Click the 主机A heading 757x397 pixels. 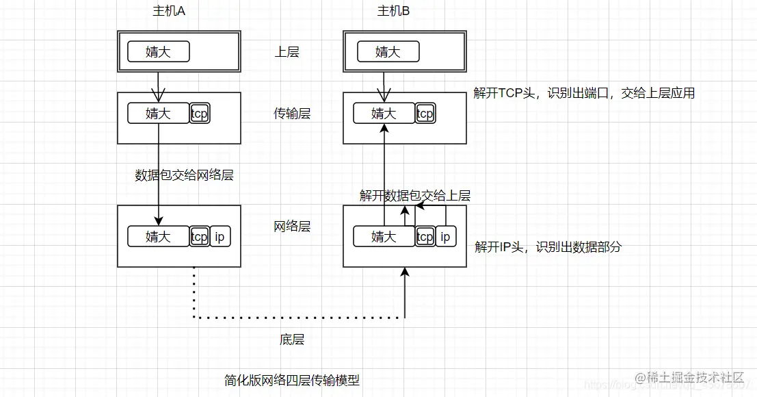pyautogui.click(x=170, y=11)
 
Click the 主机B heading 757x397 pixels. pyautogui.click(x=394, y=11)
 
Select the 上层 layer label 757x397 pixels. pyautogui.click(x=287, y=52)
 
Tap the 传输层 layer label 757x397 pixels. pyautogui.click(x=292, y=114)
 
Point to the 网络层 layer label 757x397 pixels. pyautogui.click(x=292, y=227)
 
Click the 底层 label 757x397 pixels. pyautogui.click(x=292, y=340)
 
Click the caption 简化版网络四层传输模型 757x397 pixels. pyautogui.click(x=292, y=380)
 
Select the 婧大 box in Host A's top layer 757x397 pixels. pyautogui.click(x=158, y=52)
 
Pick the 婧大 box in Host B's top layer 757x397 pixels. pyautogui.click(x=388, y=52)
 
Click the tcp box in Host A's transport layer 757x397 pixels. pyautogui.click(x=199, y=114)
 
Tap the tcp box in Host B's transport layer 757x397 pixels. pyautogui.click(x=425, y=114)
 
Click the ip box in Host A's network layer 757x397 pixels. pyautogui.click(x=220, y=237)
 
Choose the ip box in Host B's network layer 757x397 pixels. pyautogui.click(x=445, y=237)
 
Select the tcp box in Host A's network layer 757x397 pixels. pyautogui.click(x=199, y=237)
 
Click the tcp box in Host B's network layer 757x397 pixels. pyautogui.click(x=425, y=237)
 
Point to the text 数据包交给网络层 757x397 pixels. pyautogui.click(x=185, y=175)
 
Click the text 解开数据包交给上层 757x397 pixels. pyautogui.click(x=415, y=196)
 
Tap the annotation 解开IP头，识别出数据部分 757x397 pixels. pyautogui.click(x=548, y=247)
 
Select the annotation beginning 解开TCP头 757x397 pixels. pyautogui.click(x=584, y=93)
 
